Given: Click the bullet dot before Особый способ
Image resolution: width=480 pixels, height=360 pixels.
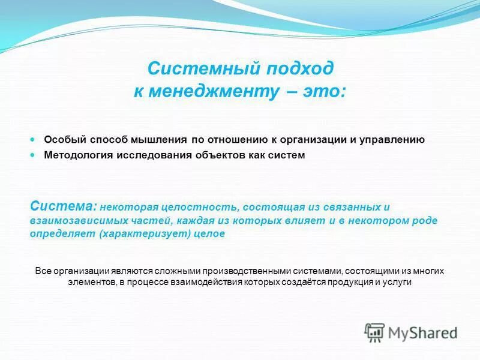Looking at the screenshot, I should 34,139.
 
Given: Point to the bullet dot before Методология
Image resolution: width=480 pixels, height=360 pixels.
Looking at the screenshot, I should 34,155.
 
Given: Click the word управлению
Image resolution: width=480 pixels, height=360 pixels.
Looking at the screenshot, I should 392,140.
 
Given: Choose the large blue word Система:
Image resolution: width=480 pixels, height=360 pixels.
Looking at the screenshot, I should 63,206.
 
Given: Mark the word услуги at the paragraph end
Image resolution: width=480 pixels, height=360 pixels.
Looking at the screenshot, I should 397,282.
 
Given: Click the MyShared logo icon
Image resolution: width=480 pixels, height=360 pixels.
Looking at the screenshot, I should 374,332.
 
